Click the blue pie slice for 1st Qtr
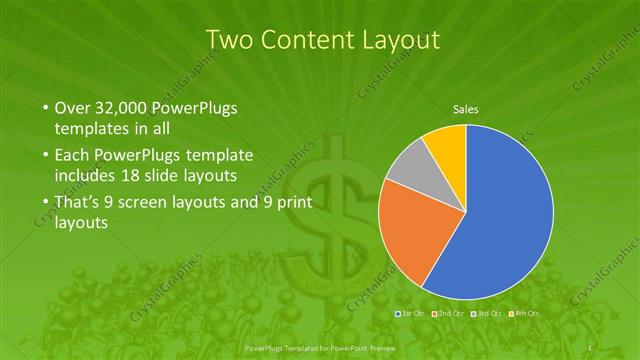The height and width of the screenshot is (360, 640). pyautogui.click(x=500, y=220)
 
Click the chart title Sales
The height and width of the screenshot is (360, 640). pyautogui.click(x=466, y=108)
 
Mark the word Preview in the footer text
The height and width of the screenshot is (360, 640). pyautogui.click(x=378, y=346)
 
